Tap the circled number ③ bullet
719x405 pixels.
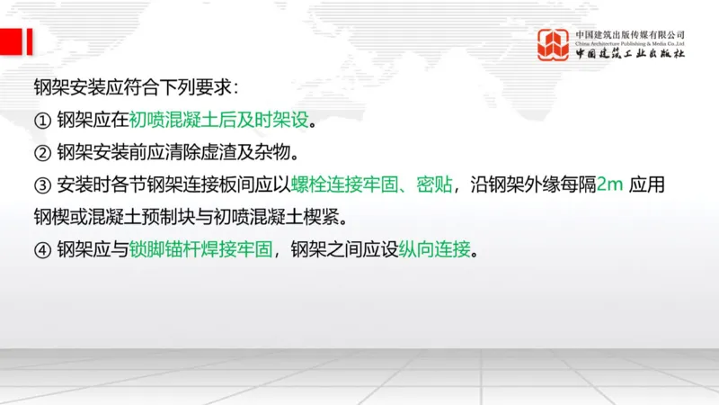[40, 185]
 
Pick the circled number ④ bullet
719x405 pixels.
[40, 249]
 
